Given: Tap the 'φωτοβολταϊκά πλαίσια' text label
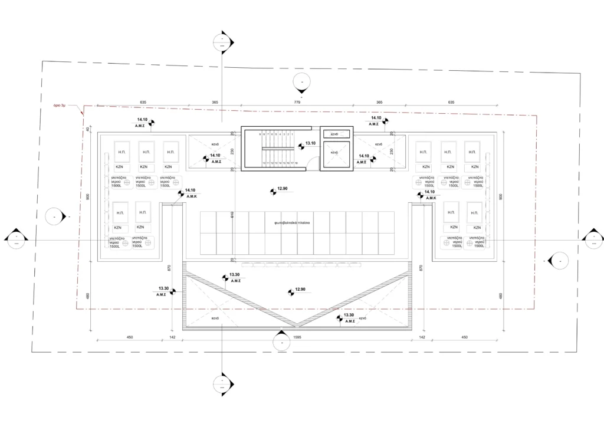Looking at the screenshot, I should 292,224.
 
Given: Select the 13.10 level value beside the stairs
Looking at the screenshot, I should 310,143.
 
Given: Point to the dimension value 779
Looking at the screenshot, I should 297,103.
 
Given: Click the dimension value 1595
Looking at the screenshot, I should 297,337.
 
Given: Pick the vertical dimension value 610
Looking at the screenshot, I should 232,216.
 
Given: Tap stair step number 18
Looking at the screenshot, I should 296,163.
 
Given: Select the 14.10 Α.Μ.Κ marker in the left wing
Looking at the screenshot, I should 189,192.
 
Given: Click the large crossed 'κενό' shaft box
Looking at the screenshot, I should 334,153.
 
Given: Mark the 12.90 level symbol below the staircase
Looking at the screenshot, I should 281,189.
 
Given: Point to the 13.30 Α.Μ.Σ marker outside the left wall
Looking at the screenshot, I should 163,291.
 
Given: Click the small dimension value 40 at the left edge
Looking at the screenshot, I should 88,129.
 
